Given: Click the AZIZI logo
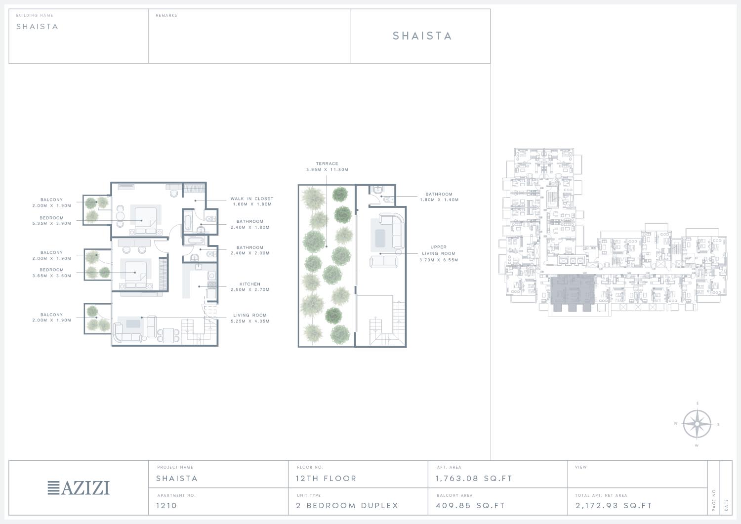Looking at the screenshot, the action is click(x=79, y=488).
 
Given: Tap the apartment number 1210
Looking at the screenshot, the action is click(x=166, y=505).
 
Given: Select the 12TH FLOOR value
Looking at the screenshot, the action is click(x=326, y=479).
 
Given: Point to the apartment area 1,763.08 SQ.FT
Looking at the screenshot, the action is click(x=474, y=479).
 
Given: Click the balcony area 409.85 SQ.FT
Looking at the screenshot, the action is click(x=470, y=505).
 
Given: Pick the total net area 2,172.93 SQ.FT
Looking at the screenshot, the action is click(x=614, y=505).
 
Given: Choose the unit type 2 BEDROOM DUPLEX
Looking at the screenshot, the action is click(x=347, y=505).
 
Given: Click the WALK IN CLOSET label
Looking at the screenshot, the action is click(x=252, y=199).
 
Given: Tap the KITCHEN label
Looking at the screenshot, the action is click(x=250, y=284).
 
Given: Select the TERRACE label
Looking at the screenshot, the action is click(x=327, y=163).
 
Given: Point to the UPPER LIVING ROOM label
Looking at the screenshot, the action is click(x=438, y=250).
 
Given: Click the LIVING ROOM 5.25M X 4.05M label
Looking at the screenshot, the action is click(x=250, y=318).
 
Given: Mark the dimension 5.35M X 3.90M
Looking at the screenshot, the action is click(x=51, y=223).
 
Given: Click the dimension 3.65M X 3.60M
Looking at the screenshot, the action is click(x=51, y=276).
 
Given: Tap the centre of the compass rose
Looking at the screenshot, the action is click(x=697, y=424).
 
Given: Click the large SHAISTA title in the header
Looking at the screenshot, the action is click(x=422, y=36).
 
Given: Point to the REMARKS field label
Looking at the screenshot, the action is click(x=166, y=15).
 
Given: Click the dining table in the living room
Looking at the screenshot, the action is click(x=168, y=335).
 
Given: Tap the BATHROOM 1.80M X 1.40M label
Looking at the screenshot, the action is click(x=439, y=197).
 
